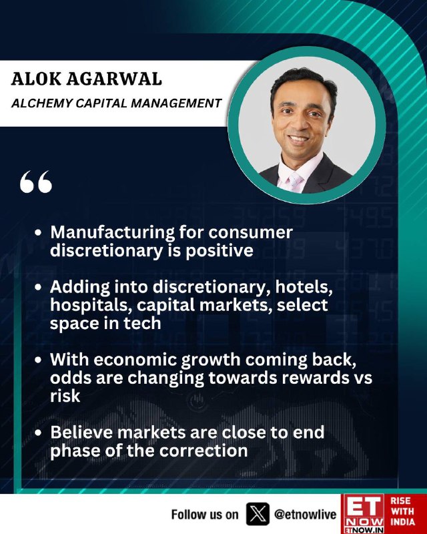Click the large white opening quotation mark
click(36, 182)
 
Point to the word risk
click(65, 396)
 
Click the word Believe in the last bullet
click(81, 433)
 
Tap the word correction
click(203, 451)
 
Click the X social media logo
click(258, 514)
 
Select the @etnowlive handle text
click(305, 514)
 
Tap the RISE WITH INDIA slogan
click(402, 511)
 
